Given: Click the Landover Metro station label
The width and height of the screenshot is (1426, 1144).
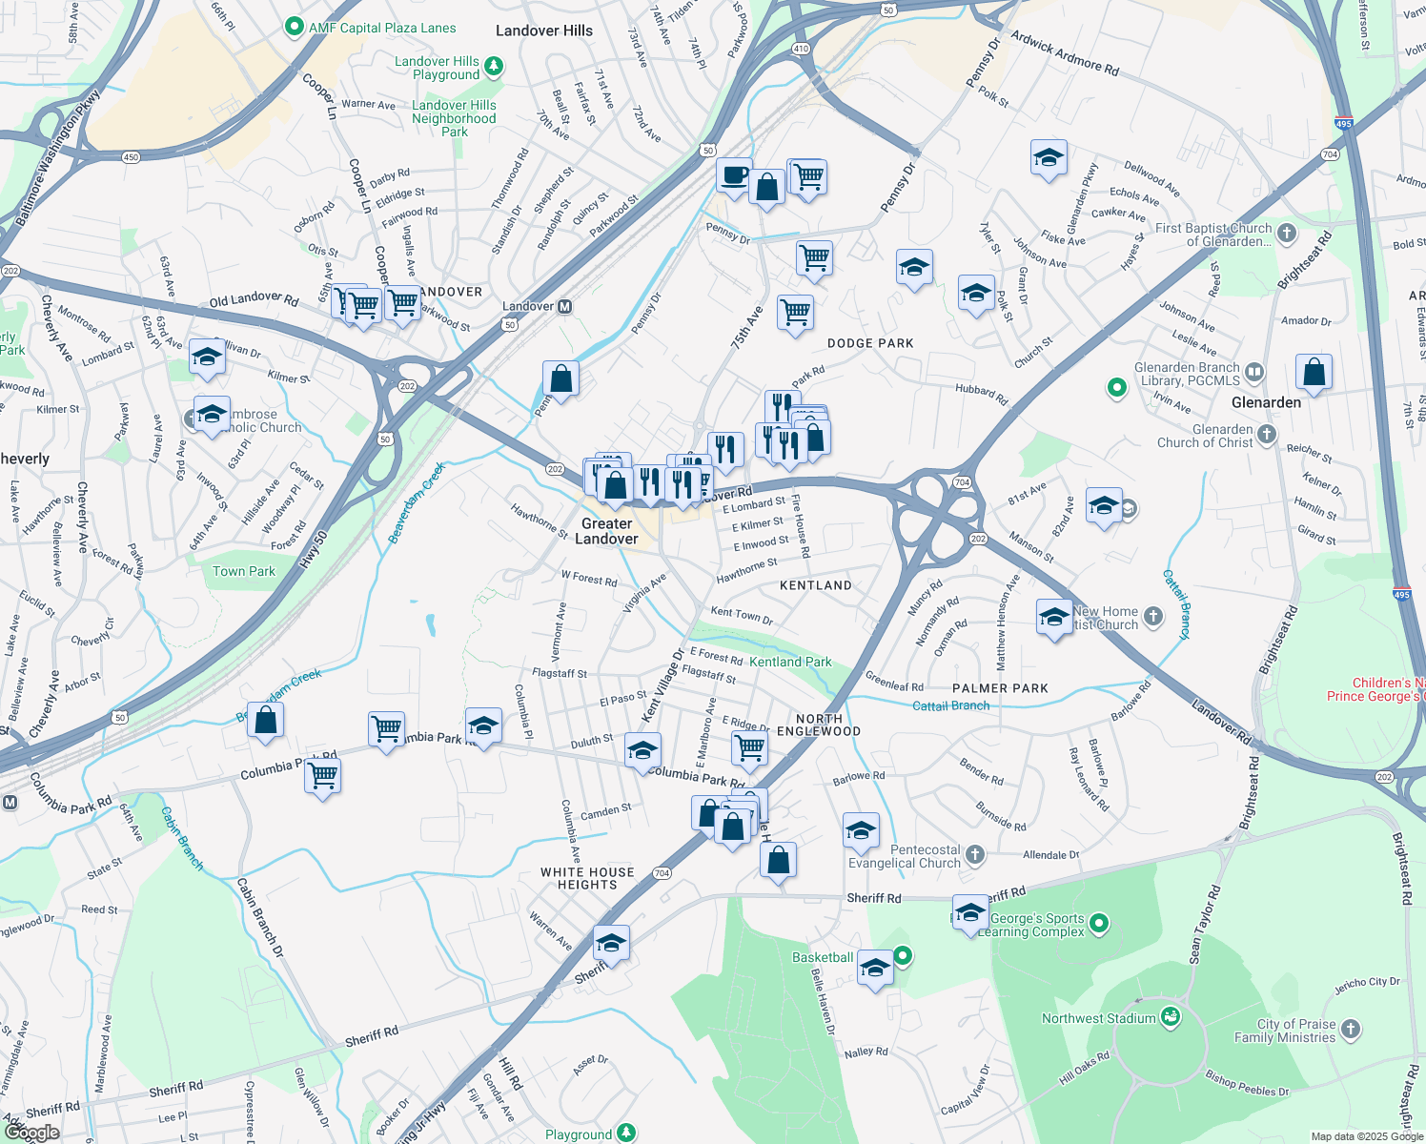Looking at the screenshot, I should (528, 306).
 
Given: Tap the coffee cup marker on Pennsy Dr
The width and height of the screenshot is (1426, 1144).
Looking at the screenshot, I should (734, 176).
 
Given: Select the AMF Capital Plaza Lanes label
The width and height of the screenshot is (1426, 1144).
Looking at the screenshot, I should (382, 28).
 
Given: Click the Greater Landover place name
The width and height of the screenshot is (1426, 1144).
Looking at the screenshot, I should (606, 531).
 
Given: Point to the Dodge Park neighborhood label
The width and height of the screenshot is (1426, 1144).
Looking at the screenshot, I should (870, 343).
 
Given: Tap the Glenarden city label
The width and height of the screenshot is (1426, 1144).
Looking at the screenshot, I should (1266, 402).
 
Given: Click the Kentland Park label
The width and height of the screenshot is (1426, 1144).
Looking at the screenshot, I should (790, 662).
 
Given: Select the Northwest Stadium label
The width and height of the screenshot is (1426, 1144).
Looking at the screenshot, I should (1098, 1018).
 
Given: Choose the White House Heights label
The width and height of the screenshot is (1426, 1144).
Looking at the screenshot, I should (587, 878).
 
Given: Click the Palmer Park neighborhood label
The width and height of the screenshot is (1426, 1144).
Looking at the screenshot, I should (1000, 688).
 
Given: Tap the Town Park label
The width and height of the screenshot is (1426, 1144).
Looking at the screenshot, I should (244, 571).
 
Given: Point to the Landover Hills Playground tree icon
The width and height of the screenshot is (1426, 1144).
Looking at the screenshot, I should (493, 66).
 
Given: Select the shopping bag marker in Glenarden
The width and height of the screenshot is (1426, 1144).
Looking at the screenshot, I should (1314, 373).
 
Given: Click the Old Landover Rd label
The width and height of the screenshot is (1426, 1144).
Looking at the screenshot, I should (254, 299).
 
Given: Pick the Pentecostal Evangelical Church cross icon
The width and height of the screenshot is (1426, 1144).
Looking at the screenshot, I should (974, 854).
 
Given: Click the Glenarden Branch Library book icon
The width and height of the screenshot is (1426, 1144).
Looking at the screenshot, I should (1254, 372).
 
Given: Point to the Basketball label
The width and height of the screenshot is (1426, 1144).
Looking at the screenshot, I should (823, 957).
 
